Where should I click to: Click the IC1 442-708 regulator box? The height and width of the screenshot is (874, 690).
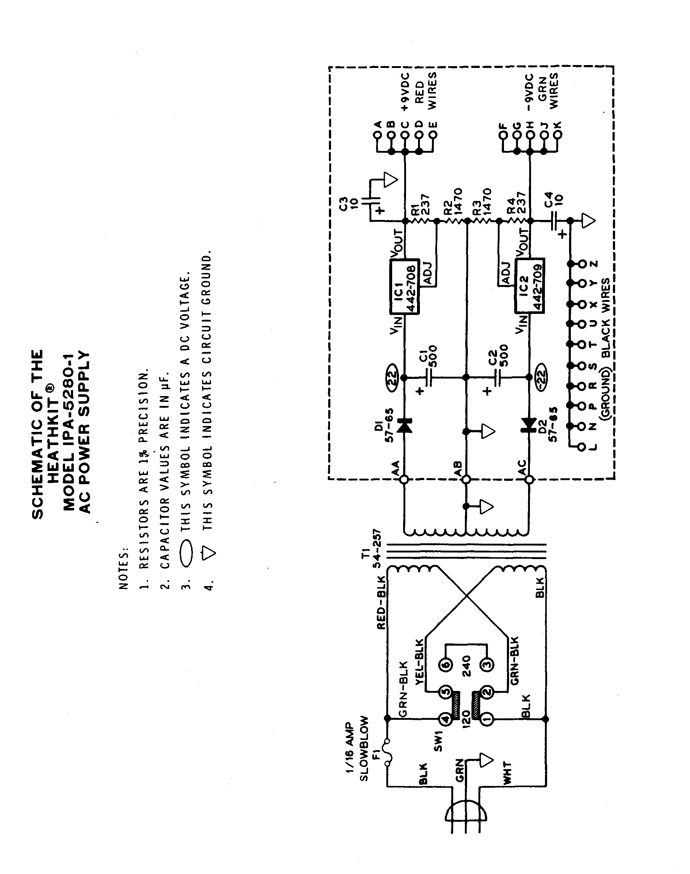404,287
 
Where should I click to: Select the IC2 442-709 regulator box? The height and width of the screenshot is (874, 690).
529,285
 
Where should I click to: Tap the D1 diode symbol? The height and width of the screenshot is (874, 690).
404,426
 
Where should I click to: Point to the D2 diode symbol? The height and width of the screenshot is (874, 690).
528,425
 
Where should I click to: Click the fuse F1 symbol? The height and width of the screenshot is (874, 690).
387,752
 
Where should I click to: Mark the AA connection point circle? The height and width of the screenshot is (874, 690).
404,479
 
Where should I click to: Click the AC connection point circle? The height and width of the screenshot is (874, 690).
529,479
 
